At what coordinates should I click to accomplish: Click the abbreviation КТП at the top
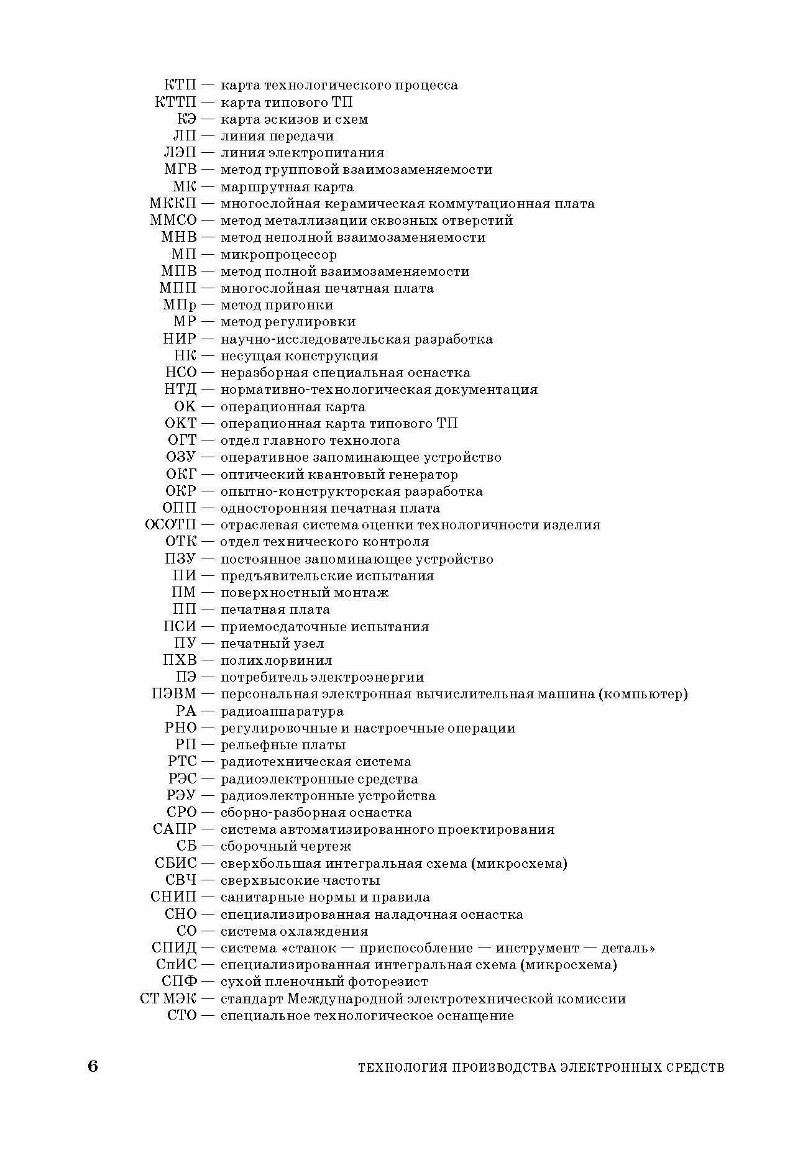pos(180,85)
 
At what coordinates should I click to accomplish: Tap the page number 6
pos(93,1067)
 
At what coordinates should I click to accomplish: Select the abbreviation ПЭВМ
pos(173,694)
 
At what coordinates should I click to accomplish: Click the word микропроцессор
pos(279,255)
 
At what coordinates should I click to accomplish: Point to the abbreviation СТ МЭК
pos(168,999)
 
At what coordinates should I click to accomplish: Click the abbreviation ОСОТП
pos(170,525)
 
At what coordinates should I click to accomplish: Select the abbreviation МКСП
pos(173,204)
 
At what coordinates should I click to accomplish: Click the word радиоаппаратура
pos(282,711)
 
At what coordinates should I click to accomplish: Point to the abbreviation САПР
pos(175,829)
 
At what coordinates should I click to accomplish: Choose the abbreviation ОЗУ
pos(181,457)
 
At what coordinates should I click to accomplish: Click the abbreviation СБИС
pos(176,864)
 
